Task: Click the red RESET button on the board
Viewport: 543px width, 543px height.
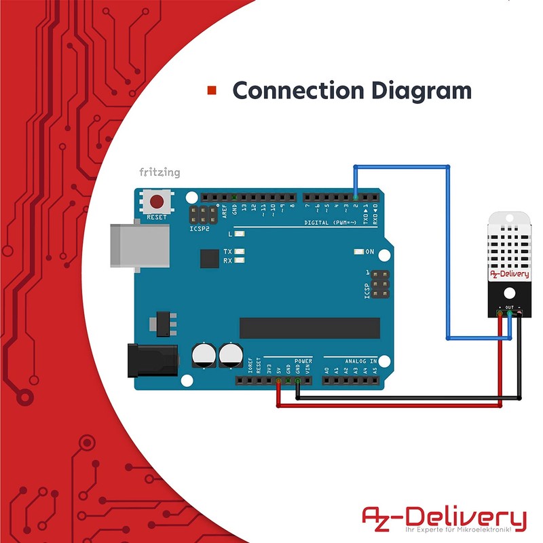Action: (157, 202)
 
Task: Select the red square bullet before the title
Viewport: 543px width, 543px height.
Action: (212, 90)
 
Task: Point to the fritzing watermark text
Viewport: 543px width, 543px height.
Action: (160, 172)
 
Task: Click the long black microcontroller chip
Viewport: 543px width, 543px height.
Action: (310, 328)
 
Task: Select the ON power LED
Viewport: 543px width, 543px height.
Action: (358, 252)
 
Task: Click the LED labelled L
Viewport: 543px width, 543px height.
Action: (239, 233)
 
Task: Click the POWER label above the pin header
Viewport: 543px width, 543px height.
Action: (303, 361)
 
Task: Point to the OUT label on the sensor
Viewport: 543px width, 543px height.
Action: (509, 307)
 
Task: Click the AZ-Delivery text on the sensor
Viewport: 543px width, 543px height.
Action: (509, 274)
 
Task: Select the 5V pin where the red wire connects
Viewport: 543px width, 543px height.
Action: (278, 381)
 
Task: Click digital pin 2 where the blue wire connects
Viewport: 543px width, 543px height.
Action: (355, 196)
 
